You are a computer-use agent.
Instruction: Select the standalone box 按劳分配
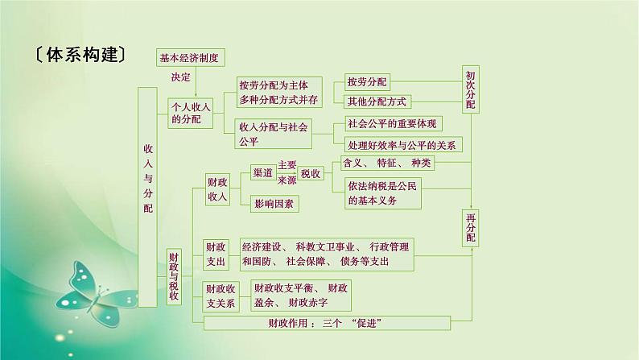(366, 82)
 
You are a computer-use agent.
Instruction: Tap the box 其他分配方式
(377, 101)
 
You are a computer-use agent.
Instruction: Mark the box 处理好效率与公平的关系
(402, 145)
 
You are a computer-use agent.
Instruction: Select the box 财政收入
(216, 189)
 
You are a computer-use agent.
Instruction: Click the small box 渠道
(262, 173)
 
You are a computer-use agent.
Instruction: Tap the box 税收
(310, 173)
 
